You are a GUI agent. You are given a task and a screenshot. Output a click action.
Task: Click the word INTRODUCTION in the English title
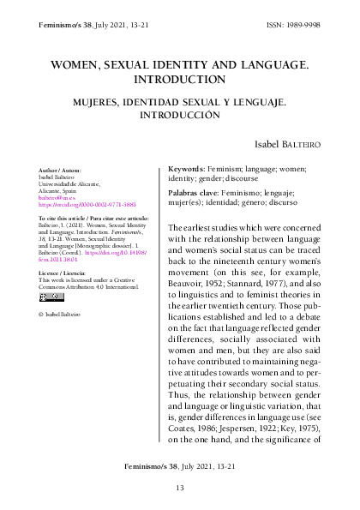[x=179, y=80]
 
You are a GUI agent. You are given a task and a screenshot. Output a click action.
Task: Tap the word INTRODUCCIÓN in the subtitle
[x=179, y=115]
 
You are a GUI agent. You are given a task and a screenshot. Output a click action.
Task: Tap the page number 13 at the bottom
[x=180, y=488]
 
